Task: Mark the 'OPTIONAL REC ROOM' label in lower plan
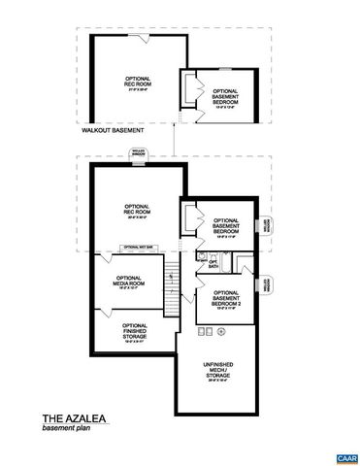point(135,211)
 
